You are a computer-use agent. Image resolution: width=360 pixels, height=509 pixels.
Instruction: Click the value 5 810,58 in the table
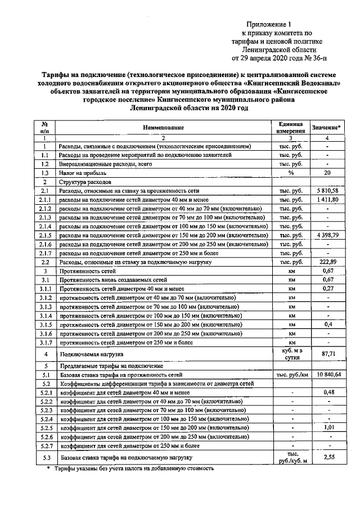(327, 191)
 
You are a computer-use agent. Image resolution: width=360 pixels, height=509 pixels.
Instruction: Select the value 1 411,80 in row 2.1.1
(327, 200)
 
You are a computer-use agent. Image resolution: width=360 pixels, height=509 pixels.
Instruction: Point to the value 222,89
(327, 262)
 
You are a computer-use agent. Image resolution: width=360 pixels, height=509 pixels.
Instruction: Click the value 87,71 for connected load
(327, 354)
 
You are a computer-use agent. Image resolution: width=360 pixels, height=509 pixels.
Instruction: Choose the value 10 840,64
(327, 374)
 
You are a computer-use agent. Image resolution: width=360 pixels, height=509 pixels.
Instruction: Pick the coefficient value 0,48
(327, 392)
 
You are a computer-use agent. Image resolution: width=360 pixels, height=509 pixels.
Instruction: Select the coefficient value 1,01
(327, 427)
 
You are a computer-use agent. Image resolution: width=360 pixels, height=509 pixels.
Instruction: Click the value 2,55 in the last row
(327, 458)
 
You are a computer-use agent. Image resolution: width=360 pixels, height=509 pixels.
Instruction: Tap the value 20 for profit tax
(327, 173)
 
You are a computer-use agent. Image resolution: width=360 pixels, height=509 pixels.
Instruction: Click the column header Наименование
(163, 128)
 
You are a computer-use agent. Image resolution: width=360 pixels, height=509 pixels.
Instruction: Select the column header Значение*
(327, 128)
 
